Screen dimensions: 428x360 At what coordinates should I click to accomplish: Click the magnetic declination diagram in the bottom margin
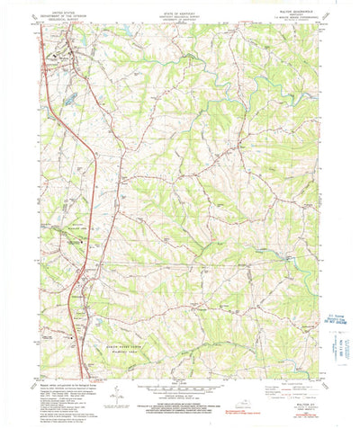click(x=116, y=397)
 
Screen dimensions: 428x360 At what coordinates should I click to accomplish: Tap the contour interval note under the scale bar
click(x=180, y=400)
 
